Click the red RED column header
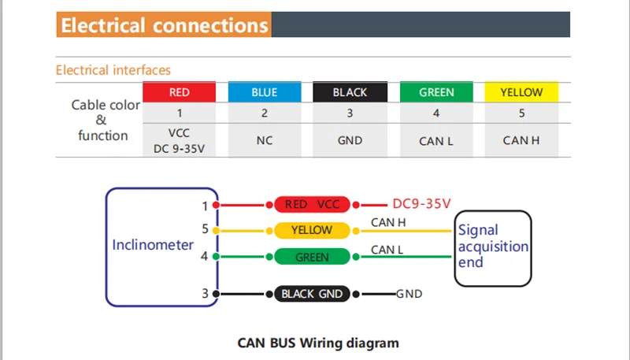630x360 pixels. [x=180, y=92]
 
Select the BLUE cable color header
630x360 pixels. [x=265, y=92]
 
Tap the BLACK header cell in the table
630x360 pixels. [x=350, y=92]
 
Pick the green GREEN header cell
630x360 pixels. [x=436, y=92]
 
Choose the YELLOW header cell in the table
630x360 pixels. [x=521, y=92]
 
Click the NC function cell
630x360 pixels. [x=265, y=140]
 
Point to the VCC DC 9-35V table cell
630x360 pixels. [x=180, y=140]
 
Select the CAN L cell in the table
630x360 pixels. [x=436, y=140]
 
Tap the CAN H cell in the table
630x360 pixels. [x=521, y=140]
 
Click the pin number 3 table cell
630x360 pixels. [x=350, y=113]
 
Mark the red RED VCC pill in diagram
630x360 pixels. [x=312, y=205]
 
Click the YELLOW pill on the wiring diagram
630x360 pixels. [x=312, y=230]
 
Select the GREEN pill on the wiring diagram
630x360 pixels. [x=312, y=257]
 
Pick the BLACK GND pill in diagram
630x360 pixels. [x=312, y=294]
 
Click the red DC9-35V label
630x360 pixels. [x=421, y=204]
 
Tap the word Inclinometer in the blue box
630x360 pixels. [x=153, y=245]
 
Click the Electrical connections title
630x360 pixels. [x=165, y=25]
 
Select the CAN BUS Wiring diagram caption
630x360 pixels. [x=318, y=343]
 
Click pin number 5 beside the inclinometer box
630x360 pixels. [x=205, y=229]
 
